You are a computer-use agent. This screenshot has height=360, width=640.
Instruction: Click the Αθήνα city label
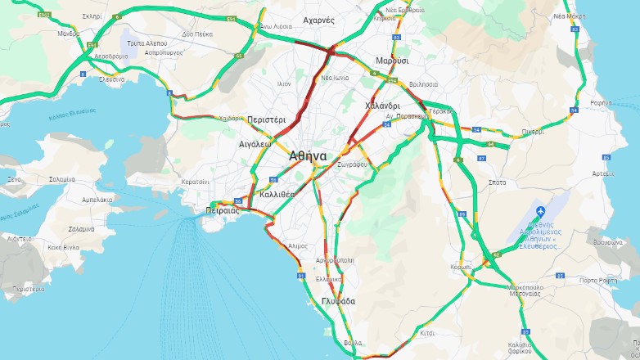pos(308,155)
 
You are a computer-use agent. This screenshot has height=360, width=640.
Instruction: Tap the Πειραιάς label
pos(221,210)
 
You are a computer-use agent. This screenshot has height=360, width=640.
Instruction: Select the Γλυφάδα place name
pos(339,301)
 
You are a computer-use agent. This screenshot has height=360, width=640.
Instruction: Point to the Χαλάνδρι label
pos(381,106)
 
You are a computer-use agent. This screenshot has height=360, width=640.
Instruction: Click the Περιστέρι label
pos(266,119)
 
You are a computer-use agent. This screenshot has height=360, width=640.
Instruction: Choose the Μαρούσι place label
pos(392,61)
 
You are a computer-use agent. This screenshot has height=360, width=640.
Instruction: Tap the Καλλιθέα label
pos(276,195)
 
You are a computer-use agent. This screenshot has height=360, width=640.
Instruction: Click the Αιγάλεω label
pos(255,142)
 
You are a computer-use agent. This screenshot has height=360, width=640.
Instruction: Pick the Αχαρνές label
pos(320,20)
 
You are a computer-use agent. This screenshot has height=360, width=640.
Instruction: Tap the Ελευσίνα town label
pos(112,79)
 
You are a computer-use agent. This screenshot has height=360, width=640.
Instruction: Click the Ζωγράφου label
pos(352,164)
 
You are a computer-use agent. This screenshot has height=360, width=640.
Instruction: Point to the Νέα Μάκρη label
pos(570,15)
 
